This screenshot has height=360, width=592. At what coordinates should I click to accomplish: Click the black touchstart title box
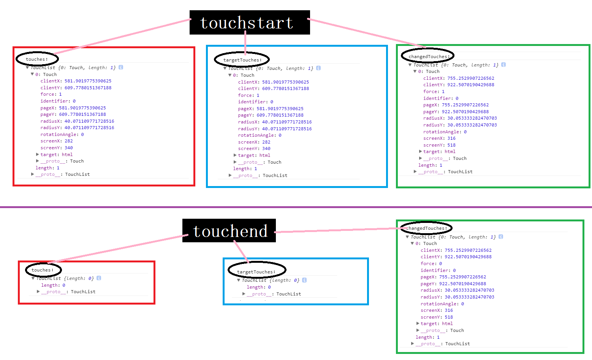pyautogui.click(x=250, y=22)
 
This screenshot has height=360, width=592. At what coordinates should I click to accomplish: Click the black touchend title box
pyautogui.click(x=229, y=231)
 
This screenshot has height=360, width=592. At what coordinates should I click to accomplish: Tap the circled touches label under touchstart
pyautogui.click(x=37, y=59)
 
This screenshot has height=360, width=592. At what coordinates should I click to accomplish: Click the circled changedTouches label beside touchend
pyautogui.click(x=426, y=228)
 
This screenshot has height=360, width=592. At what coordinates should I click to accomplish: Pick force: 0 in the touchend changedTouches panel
pyautogui.click(x=431, y=264)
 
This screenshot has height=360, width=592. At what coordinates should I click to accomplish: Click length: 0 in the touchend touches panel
pyautogui.click(x=53, y=285)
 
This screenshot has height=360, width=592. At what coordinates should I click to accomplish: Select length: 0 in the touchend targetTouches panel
pyautogui.click(x=259, y=287)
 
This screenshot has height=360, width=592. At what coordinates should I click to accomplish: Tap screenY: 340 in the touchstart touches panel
pyautogui.click(x=57, y=148)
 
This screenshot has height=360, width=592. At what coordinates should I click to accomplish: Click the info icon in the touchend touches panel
pyautogui.click(x=99, y=278)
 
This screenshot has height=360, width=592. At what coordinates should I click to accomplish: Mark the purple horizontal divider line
pyautogui.click(x=296, y=207)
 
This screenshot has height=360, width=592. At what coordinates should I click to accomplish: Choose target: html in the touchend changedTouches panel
pyautogui.click(x=437, y=324)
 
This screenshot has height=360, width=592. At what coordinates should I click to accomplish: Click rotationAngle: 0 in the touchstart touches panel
pyautogui.click(x=62, y=134)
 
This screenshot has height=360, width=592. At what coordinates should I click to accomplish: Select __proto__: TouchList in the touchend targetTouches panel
pyautogui.click(x=274, y=294)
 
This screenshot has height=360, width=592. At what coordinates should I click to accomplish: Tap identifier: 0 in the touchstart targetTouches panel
pyautogui.click(x=255, y=102)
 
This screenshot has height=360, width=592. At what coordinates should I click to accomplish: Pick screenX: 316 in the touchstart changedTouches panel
pyautogui.click(x=439, y=138)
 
